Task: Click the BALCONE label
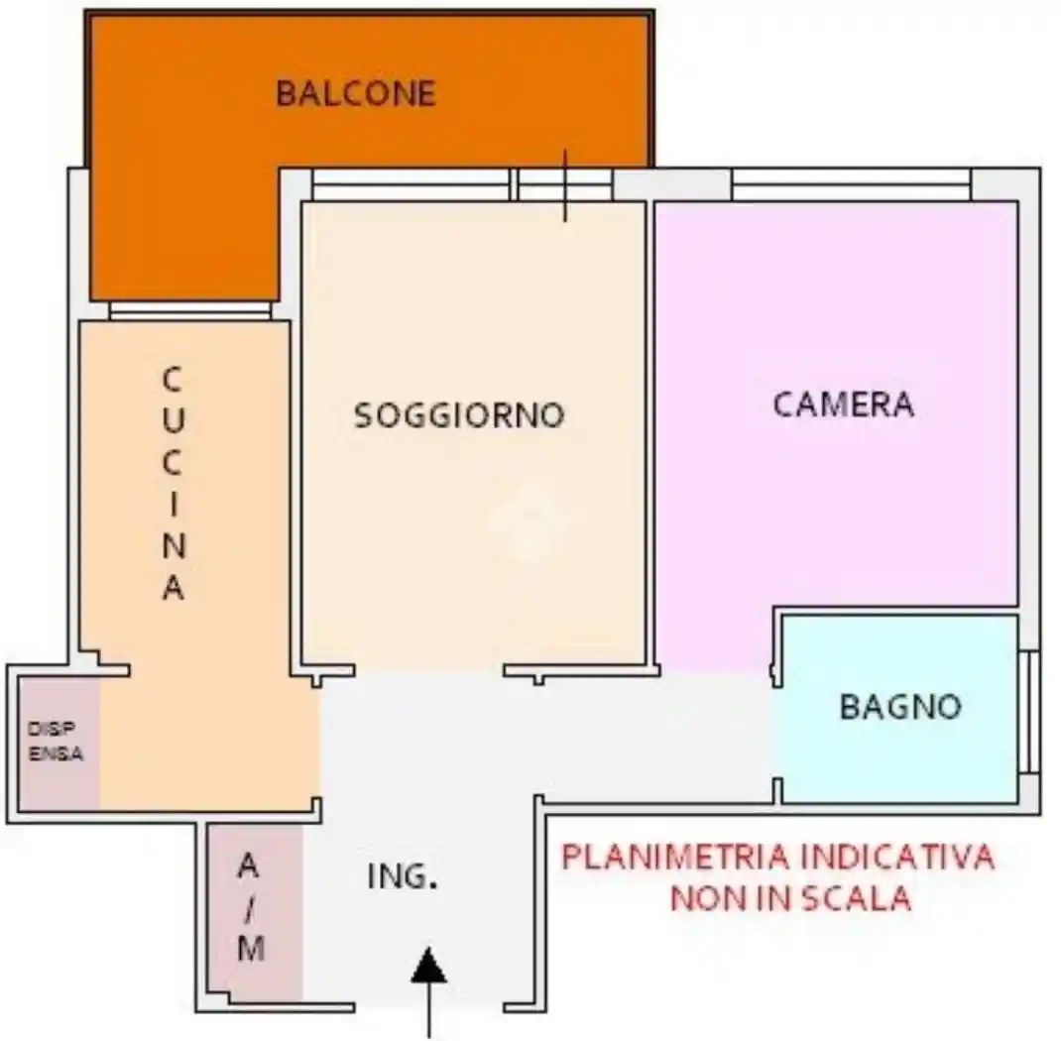click(356, 93)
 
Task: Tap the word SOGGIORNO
click(459, 414)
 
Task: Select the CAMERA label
click(843, 405)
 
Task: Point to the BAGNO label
click(900, 707)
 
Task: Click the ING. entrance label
click(403, 876)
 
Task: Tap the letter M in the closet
click(252, 950)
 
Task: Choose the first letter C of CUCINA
click(173, 380)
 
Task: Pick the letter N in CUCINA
click(173, 545)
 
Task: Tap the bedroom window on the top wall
click(851, 184)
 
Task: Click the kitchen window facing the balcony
click(189, 310)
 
